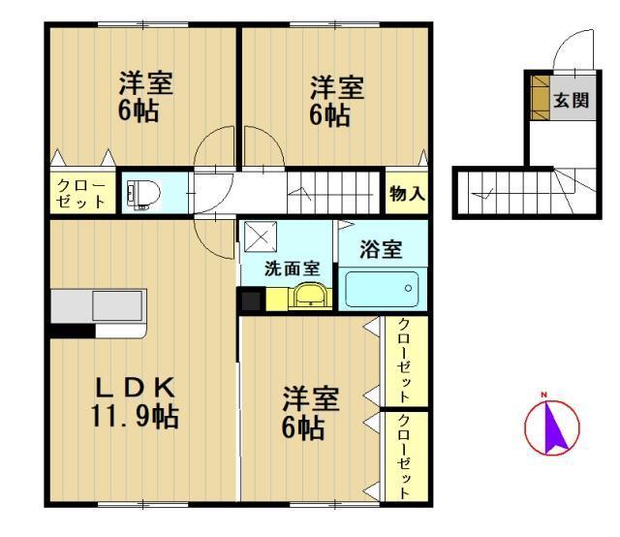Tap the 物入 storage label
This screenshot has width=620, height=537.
click(x=407, y=194)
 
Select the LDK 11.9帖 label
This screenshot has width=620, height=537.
click(x=135, y=401)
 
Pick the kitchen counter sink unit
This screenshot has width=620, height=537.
click(x=98, y=309)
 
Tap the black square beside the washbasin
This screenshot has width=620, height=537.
click(x=251, y=300)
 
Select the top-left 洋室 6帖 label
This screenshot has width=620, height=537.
click(x=145, y=95)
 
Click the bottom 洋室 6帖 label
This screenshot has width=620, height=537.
click(x=309, y=412)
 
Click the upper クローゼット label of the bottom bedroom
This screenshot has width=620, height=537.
click(x=404, y=361)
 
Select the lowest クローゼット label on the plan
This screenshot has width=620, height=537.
click(x=404, y=457)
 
